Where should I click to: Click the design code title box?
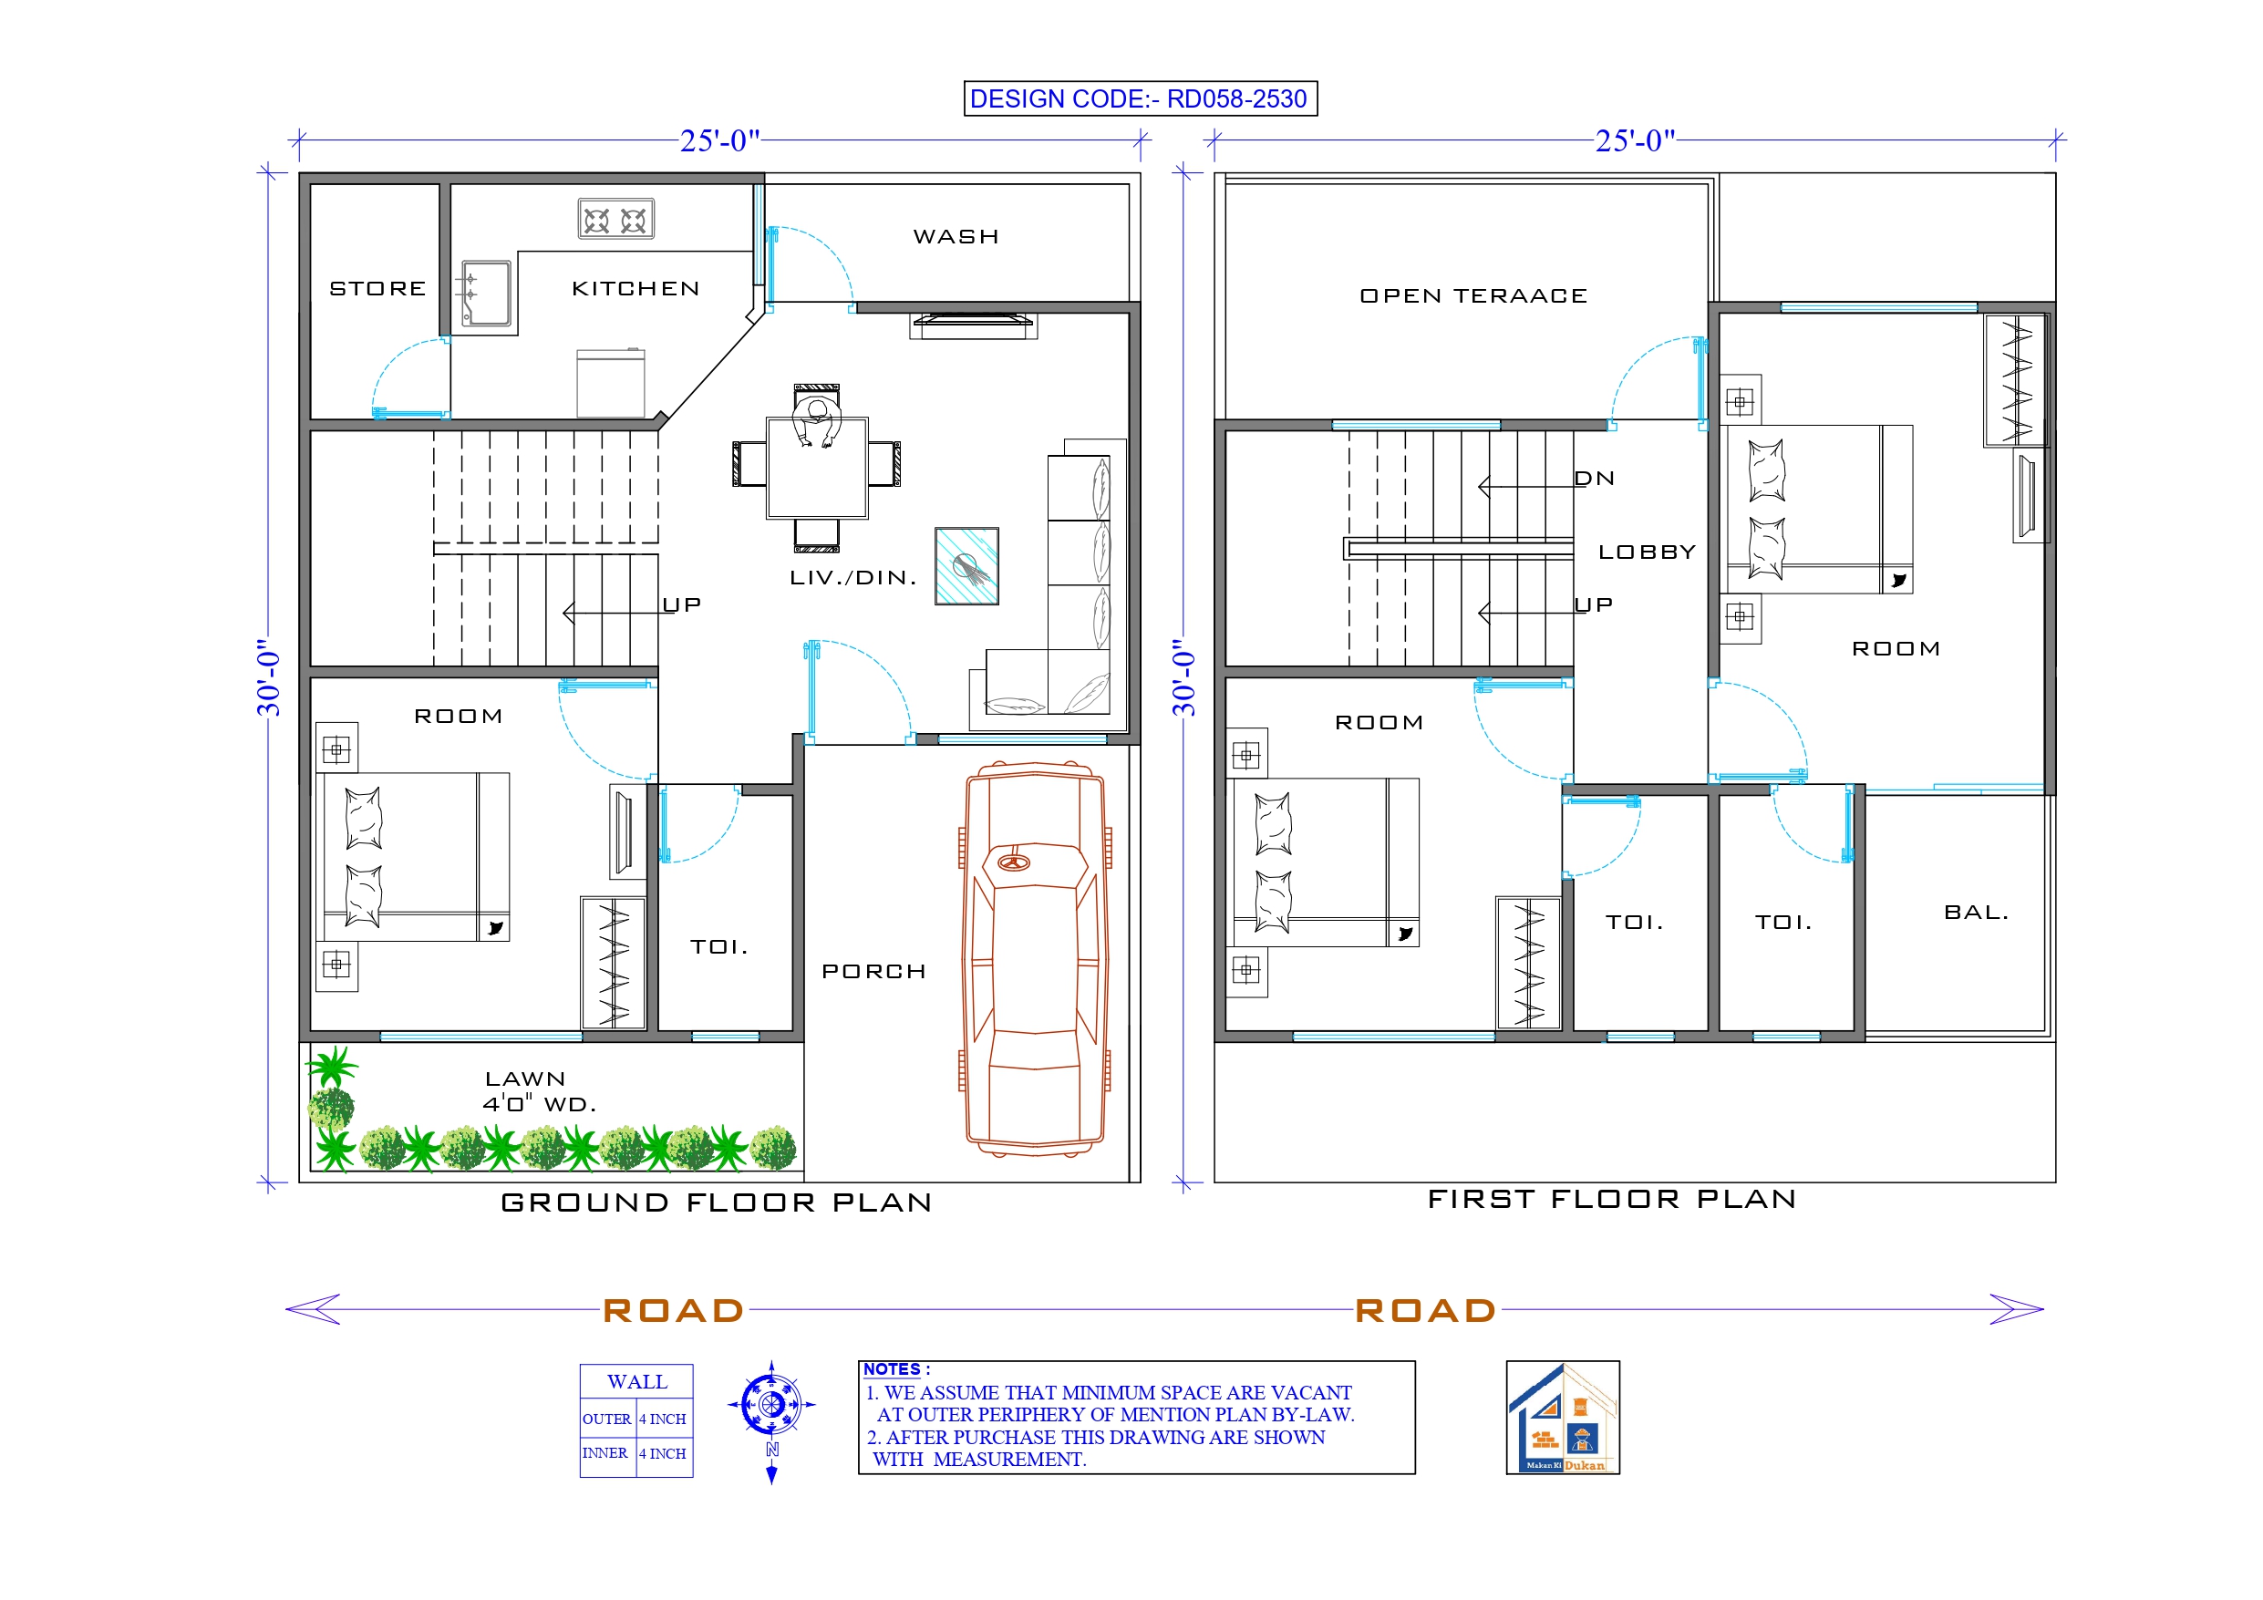tap(1140, 98)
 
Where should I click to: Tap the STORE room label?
tap(377, 289)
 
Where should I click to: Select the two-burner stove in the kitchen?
tap(615, 219)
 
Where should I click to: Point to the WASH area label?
tap(955, 237)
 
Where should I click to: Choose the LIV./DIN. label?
tap(852, 578)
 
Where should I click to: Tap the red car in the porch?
tap(1034, 957)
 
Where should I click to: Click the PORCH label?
tap(873, 971)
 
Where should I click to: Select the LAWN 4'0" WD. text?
tap(538, 1091)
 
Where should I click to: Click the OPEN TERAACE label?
tap(1472, 295)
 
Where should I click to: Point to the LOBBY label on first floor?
tap(1646, 552)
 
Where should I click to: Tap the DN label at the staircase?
tap(1594, 480)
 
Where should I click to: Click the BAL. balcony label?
tap(1975, 912)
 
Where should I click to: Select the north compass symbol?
tap(771, 1405)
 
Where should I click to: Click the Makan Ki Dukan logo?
tap(1562, 1417)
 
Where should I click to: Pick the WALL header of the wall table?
tap(636, 1381)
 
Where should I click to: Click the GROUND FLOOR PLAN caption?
tap(717, 1203)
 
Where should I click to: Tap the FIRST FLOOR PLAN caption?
tap(1611, 1199)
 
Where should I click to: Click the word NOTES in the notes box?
tap(892, 1369)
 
